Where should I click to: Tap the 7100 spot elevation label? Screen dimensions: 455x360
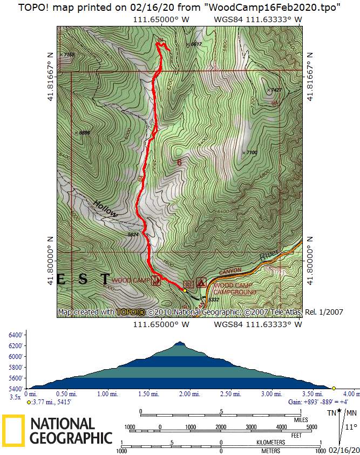pyautogui.click(x=252, y=153)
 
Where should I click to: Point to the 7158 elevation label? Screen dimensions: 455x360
pyautogui.click(x=69, y=55)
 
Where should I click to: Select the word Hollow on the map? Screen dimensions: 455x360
pyautogui.click(x=105, y=209)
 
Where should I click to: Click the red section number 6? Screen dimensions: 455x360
pyautogui.click(x=179, y=161)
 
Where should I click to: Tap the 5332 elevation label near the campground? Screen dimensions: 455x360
pyautogui.click(x=213, y=300)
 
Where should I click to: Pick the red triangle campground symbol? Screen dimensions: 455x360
pyautogui.click(x=201, y=282)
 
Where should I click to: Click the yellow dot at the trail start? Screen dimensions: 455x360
pyautogui.click(x=185, y=290)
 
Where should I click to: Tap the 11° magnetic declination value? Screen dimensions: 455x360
pyautogui.click(x=350, y=427)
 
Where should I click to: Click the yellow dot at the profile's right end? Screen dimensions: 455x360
pyautogui.click(x=334, y=388)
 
